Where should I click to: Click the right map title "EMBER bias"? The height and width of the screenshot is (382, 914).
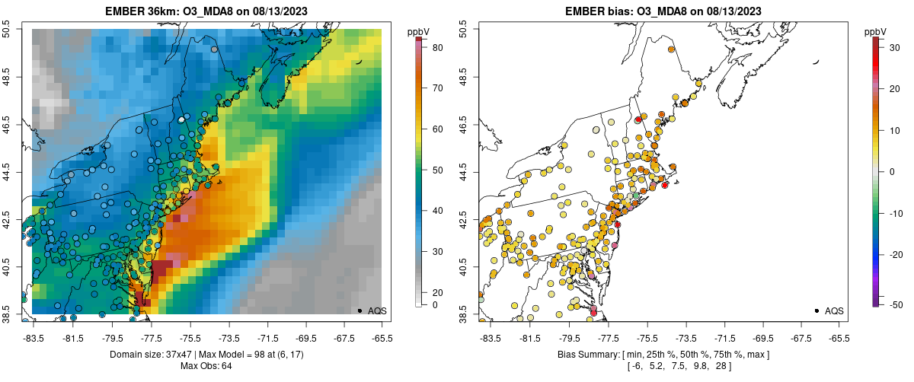pyautogui.click(x=606, y=11)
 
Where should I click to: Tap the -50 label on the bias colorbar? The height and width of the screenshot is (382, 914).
pyautogui.click(x=896, y=304)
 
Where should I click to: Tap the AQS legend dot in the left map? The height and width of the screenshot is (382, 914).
pyautogui.click(x=360, y=310)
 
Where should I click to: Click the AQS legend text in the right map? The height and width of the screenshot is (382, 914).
pyautogui.click(x=834, y=310)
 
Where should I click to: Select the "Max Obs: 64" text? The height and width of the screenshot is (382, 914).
pyautogui.click(x=206, y=366)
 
